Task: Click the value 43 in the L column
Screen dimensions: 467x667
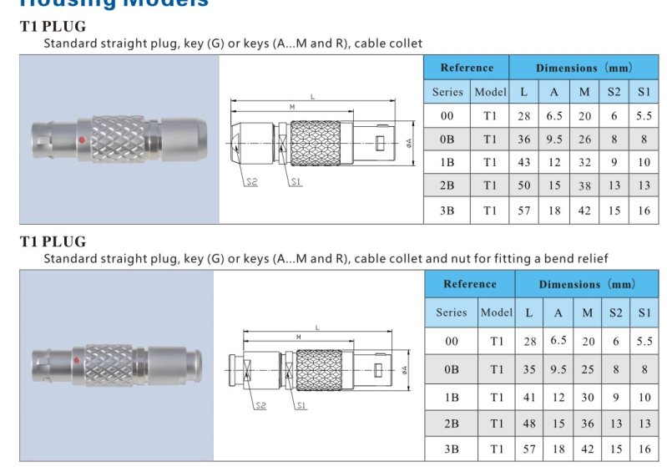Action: tap(523, 163)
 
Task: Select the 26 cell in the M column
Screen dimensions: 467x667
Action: tap(584, 140)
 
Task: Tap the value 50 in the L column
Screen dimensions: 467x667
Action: tap(523, 185)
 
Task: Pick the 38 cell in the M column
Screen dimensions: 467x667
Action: tap(584, 185)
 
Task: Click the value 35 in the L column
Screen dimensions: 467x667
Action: tap(528, 368)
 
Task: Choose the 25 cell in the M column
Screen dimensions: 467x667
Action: tap(589, 368)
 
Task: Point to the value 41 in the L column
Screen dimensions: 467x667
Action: tap(528, 398)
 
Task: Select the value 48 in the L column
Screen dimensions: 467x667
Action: tap(528, 424)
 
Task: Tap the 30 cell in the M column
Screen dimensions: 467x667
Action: tap(589, 398)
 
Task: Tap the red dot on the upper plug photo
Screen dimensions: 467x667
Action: tap(81, 140)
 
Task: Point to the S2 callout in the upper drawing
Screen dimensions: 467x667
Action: tap(252, 182)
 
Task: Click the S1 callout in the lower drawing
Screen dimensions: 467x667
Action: tap(301, 406)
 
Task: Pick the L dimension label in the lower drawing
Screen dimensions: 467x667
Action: tap(318, 327)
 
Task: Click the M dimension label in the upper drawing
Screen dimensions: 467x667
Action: tap(291, 107)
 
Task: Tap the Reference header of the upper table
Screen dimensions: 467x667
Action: tap(467, 68)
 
